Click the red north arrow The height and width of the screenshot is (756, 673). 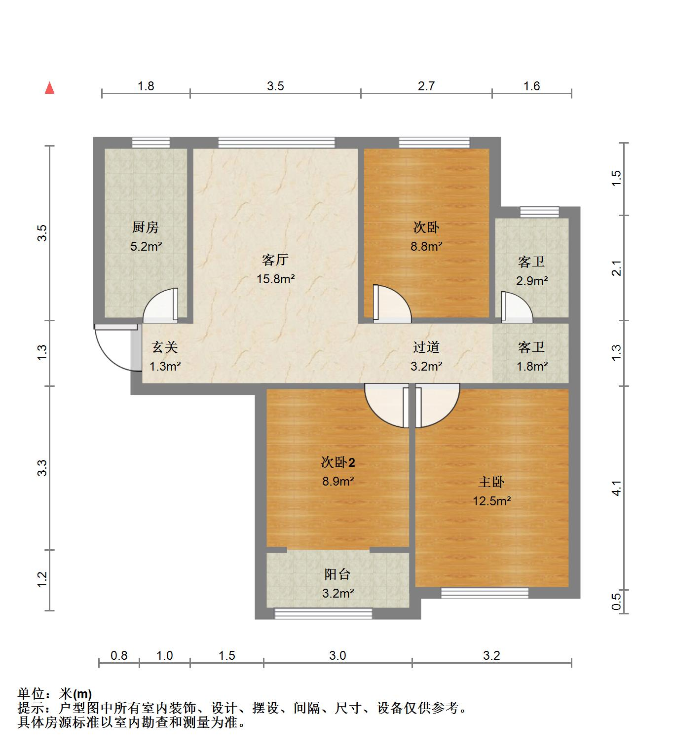tap(49, 88)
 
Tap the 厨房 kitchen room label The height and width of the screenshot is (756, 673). tap(146, 227)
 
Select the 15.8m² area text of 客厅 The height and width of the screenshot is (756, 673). tap(275, 279)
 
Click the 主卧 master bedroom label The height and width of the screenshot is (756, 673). tap(491, 482)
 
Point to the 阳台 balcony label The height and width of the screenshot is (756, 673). tap(337, 574)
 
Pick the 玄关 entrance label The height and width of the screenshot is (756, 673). tap(164, 347)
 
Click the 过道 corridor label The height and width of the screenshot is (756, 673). tap(426, 347)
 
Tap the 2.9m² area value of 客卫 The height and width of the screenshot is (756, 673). tap(531, 281)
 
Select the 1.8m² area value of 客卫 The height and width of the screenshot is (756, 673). tap(531, 367)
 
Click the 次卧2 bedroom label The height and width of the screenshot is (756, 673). tap(338, 462)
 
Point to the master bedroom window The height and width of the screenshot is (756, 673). tap(485, 593)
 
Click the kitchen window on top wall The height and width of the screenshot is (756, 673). tap(151, 143)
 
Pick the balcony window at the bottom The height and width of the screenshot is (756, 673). tap(323, 613)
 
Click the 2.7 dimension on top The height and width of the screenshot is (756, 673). tap(426, 86)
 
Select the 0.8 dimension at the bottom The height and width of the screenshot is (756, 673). tap(119, 655)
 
